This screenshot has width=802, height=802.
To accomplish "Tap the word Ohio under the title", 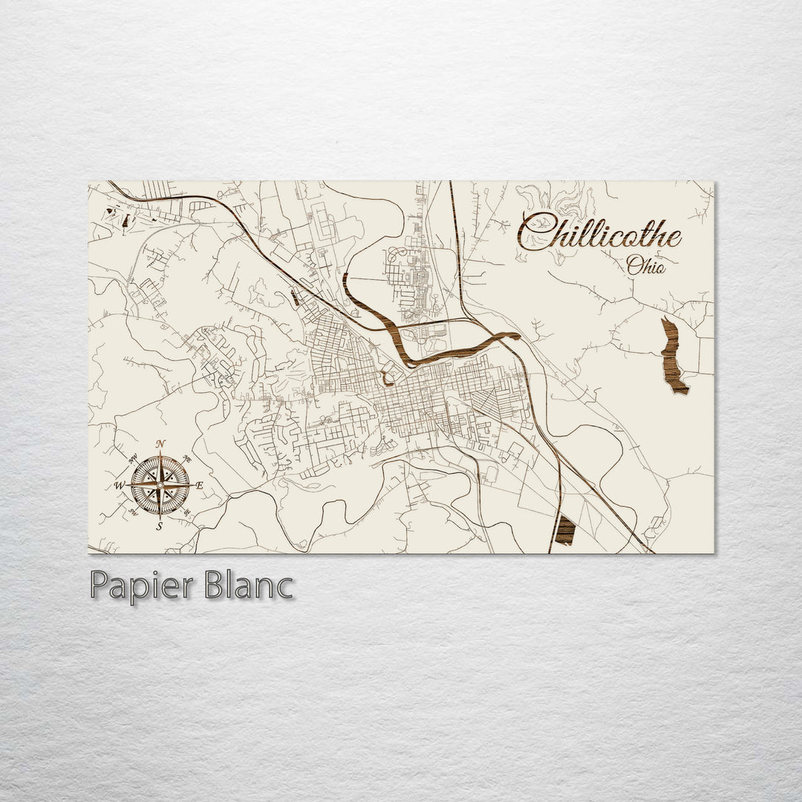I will [x=646, y=265].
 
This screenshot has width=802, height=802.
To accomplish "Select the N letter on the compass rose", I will [x=163, y=445].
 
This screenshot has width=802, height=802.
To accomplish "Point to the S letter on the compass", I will [x=160, y=526].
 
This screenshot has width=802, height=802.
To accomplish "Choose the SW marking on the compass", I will [x=134, y=511].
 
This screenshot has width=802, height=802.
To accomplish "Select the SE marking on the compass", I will [x=187, y=511].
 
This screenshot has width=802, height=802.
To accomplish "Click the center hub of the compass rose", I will [x=160, y=485].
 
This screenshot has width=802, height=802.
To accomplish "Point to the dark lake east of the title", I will [x=674, y=356].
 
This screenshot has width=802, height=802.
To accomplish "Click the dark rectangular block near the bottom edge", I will [x=566, y=529].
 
